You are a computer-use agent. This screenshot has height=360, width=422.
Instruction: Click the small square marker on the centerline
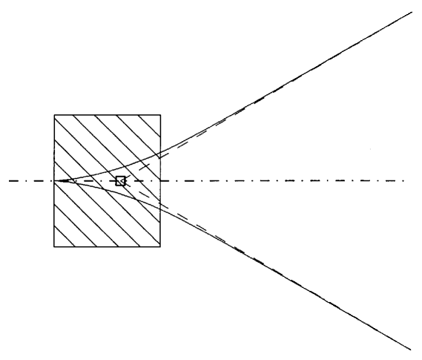click(120, 180)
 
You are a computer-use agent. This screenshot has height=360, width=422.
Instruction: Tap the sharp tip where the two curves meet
click(59, 180)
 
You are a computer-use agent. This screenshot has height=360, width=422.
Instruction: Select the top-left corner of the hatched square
click(54, 115)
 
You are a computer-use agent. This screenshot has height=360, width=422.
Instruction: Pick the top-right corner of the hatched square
click(161, 115)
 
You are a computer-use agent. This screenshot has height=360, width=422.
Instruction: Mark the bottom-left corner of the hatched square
click(54, 246)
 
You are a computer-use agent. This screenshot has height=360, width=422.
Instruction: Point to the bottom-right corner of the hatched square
click(161, 246)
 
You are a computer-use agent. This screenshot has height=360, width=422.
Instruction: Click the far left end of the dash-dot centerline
click(10, 180)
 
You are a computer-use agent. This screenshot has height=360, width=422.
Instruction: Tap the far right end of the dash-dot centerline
click(405, 180)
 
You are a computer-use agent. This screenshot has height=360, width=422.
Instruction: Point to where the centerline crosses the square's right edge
click(161, 180)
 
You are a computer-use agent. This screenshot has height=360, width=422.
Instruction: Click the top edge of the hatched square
click(108, 115)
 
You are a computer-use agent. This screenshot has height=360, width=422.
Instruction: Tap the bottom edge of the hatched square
click(108, 246)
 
